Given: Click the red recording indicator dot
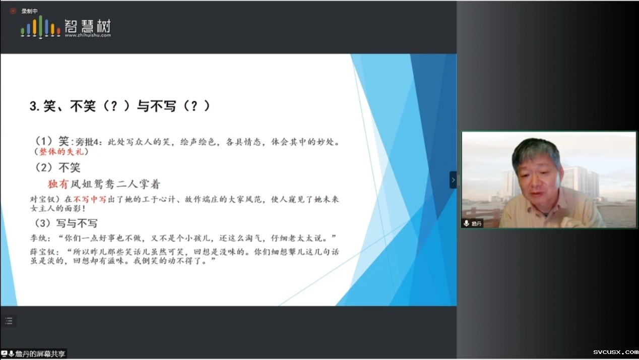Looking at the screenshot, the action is click(13, 11).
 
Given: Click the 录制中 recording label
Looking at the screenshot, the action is click(29, 11).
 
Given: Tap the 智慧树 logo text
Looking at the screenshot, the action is click(88, 26).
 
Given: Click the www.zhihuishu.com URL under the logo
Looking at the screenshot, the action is click(88, 35).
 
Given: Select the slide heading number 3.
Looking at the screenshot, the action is click(34, 106).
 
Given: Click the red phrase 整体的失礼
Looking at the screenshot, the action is click(61, 152).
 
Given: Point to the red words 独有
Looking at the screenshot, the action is click(58, 184).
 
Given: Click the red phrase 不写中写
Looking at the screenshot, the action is click(90, 199).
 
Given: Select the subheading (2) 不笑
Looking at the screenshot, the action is click(57, 167).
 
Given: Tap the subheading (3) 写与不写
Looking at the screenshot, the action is click(66, 223).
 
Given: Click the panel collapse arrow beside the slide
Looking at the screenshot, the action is click(453, 180).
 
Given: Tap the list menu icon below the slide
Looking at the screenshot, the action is click(9, 321).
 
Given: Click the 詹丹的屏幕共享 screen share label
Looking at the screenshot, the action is click(40, 354).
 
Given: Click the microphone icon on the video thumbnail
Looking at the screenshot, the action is click(467, 223).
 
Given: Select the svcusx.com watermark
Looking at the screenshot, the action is click(616, 352).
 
